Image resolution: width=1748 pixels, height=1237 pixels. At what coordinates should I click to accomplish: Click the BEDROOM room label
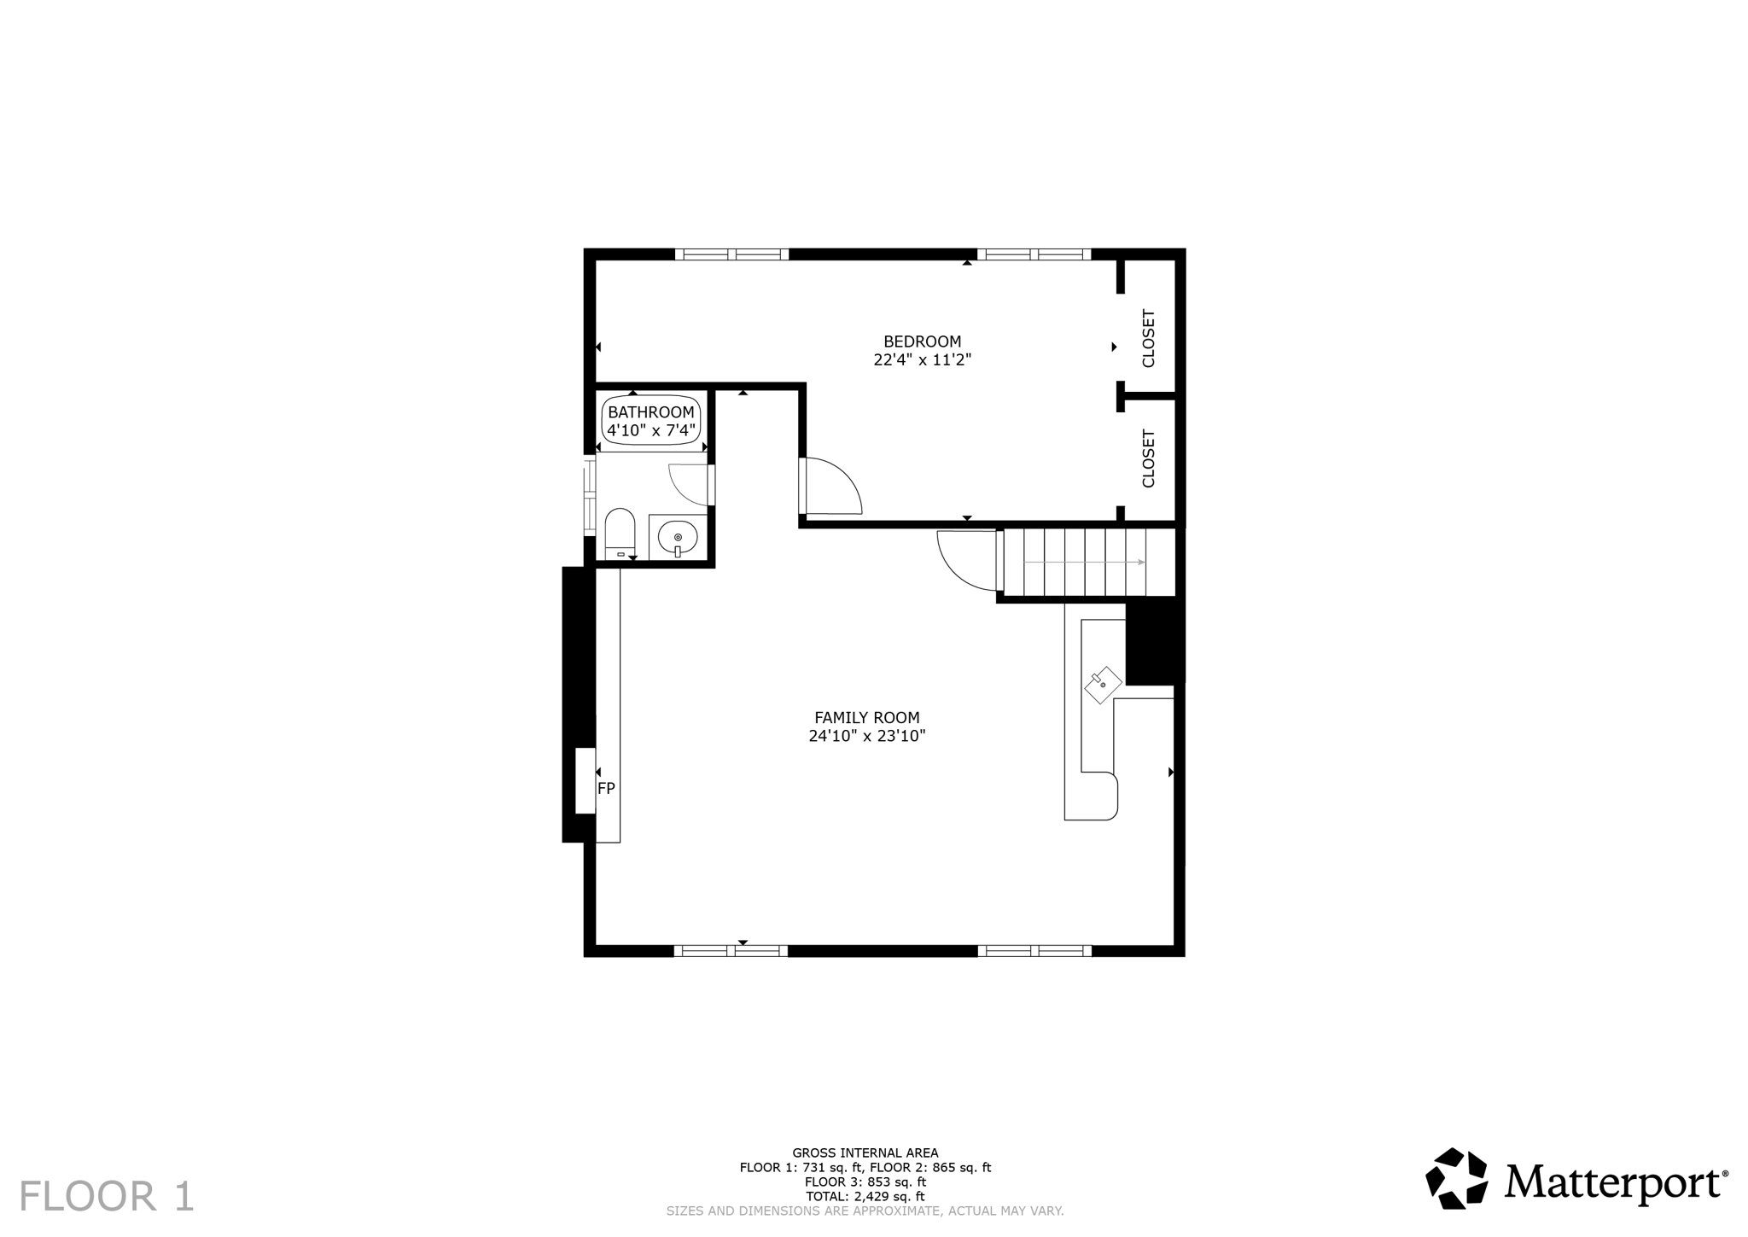coord(922,341)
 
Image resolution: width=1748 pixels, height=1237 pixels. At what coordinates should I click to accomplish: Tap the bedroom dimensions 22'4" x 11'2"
coord(922,360)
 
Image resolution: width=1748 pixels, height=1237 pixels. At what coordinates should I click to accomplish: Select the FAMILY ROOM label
coord(866,718)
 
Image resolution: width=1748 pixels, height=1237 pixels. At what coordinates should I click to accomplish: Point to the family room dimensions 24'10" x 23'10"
coord(866,736)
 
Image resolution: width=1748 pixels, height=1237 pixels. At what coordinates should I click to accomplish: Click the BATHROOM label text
coord(651,412)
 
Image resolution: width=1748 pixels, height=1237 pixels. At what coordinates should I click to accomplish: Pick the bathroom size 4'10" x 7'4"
coord(651,430)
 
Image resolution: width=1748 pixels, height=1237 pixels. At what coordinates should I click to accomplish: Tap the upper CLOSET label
coord(1148,338)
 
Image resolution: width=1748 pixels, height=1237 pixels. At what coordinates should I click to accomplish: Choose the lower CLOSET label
coord(1148,458)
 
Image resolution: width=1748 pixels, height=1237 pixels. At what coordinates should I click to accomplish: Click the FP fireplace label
coord(606,789)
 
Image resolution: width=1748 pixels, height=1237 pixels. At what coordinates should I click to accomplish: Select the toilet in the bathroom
coord(621,533)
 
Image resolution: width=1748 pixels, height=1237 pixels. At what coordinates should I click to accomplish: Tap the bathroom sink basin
coord(678,538)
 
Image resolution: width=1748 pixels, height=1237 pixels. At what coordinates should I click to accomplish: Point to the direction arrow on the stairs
coord(1084,562)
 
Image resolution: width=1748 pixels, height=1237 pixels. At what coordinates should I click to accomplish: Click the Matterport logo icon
coord(1456,1178)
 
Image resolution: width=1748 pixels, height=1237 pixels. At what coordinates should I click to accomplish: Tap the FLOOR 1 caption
coord(107,1196)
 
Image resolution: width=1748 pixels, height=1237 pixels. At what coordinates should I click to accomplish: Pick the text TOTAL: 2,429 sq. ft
coord(865,1197)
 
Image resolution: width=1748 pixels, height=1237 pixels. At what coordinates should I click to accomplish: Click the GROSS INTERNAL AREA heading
coord(865,1152)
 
